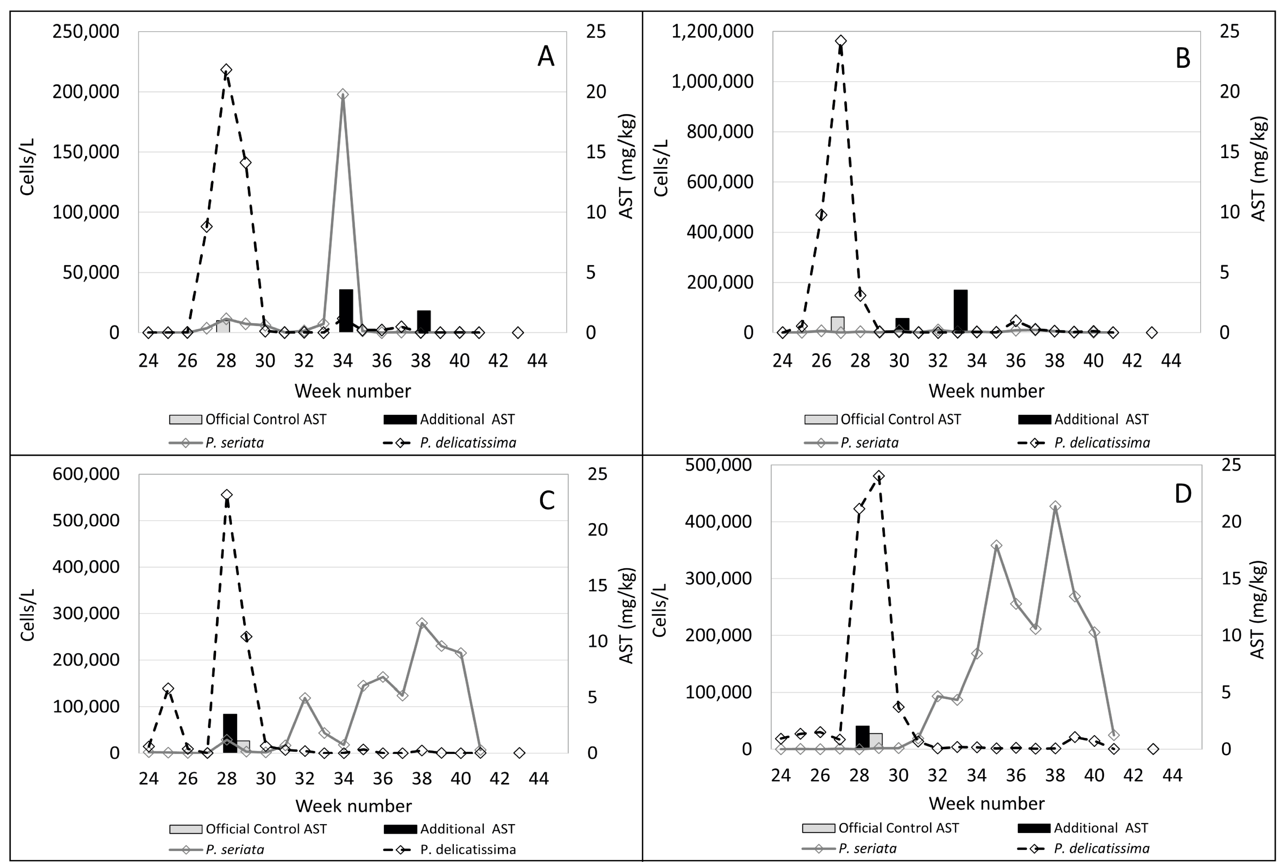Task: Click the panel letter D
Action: [x=1182, y=493]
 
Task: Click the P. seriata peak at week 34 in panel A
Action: [x=343, y=94]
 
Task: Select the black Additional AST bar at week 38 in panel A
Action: [x=424, y=321]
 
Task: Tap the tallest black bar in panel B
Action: [x=960, y=310]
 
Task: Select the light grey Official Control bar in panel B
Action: [x=838, y=324]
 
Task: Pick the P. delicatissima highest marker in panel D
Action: [x=879, y=476]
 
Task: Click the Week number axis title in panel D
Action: [x=986, y=803]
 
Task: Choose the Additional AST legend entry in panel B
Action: [x=1083, y=419]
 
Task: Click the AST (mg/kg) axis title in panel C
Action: [x=626, y=615]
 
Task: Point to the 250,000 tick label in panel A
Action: [x=86, y=31]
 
